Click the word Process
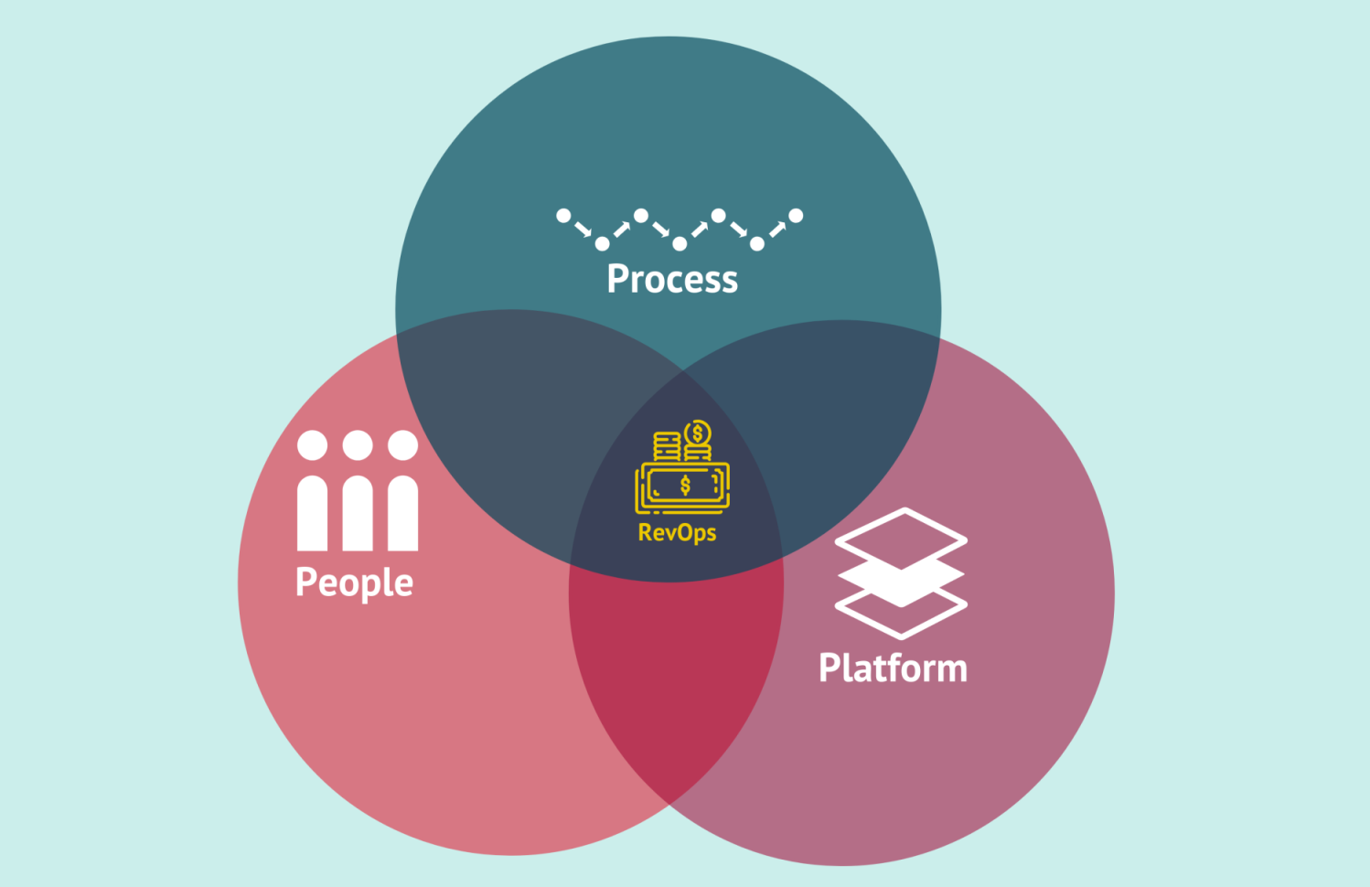[672, 279]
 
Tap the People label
[354, 582]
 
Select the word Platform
[893, 668]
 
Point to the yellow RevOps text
[677, 532]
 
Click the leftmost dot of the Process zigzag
[563, 216]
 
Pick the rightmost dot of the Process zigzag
[796, 216]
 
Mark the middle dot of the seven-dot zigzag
[680, 243]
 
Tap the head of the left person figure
[312, 445]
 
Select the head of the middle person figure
[358, 445]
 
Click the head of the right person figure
[402, 445]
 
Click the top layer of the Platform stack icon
[901, 539]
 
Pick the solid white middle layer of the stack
[901, 581]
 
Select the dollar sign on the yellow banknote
[685, 486]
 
